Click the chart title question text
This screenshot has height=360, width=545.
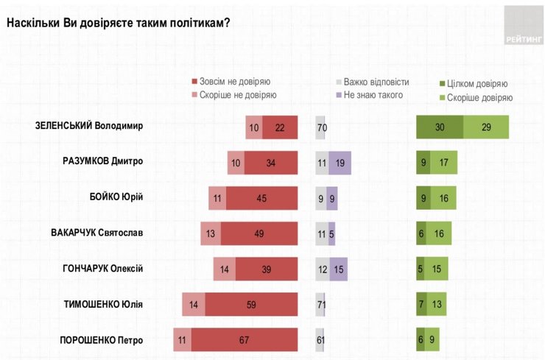click(x=119, y=22)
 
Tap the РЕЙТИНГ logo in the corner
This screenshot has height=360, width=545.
click(x=524, y=27)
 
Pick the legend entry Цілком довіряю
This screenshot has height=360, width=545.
click(x=477, y=84)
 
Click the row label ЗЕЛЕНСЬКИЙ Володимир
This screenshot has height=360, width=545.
click(x=89, y=125)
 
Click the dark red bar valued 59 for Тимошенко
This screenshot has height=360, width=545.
click(x=251, y=305)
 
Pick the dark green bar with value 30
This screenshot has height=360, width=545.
click(x=440, y=127)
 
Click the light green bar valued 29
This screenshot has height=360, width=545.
click(x=486, y=127)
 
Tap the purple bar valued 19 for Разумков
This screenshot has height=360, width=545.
click(x=340, y=163)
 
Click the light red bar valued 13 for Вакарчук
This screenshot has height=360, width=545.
click(x=211, y=234)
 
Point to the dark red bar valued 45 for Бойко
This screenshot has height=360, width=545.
click(x=261, y=198)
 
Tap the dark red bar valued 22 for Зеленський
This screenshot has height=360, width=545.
click(x=280, y=127)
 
